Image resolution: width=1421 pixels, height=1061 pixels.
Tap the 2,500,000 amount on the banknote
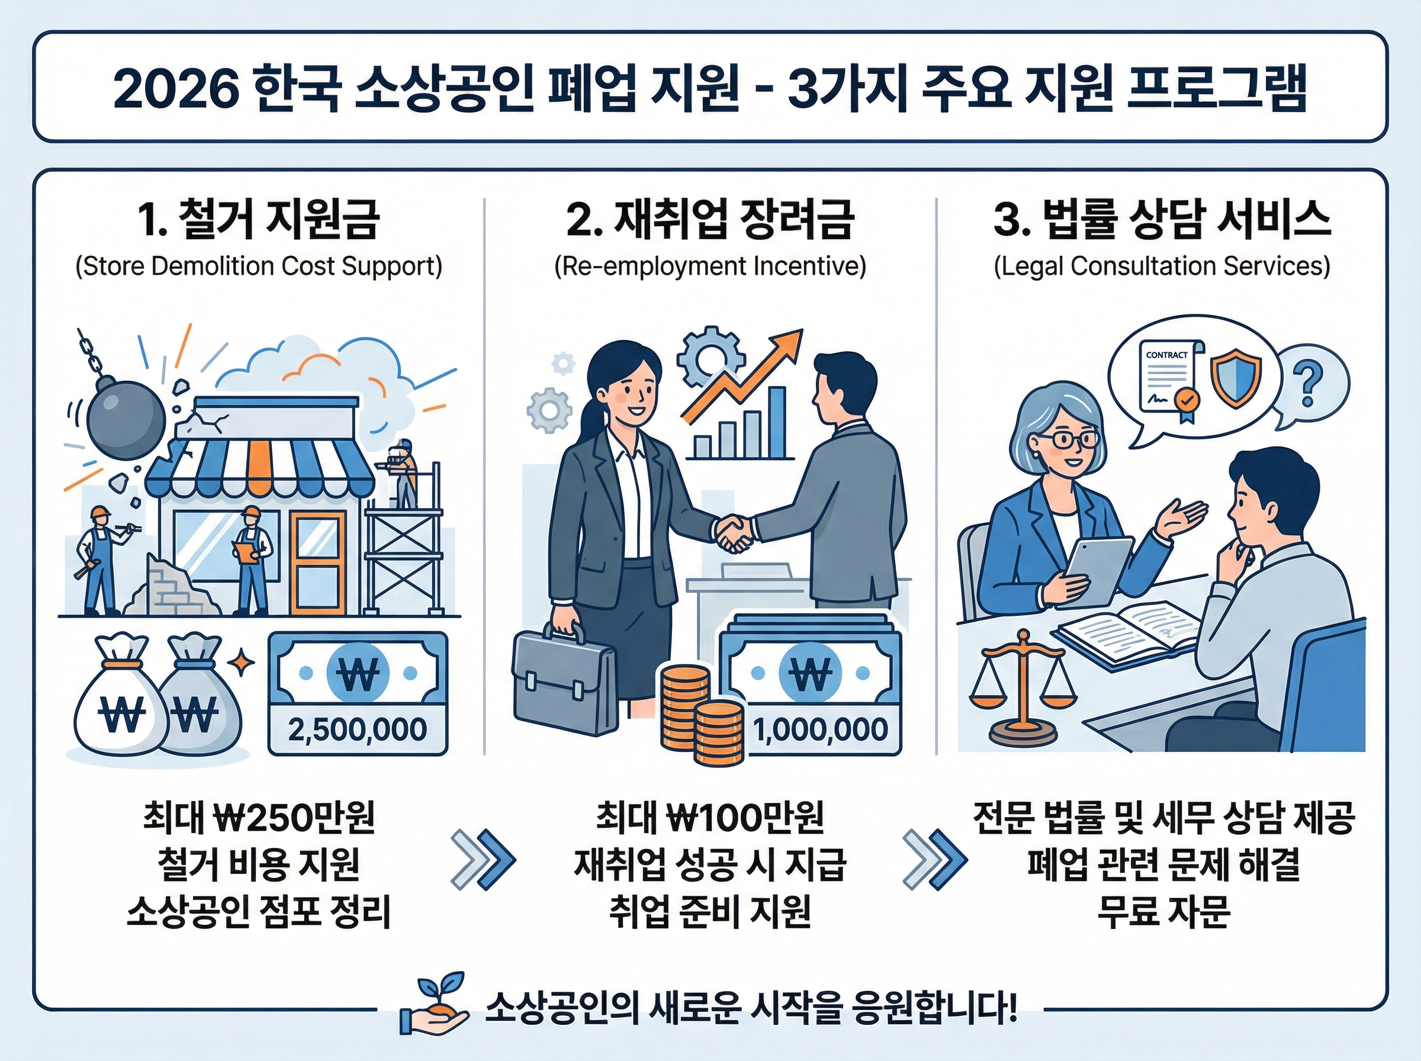tap(357, 729)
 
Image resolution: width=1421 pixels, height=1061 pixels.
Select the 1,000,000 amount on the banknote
tap(821, 729)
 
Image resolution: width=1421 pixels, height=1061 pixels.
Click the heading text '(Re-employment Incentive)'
tap(709, 266)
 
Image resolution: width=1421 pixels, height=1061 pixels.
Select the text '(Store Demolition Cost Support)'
tap(259, 266)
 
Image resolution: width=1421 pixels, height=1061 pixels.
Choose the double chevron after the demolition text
tap(483, 860)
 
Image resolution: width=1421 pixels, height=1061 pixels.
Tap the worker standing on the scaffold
tap(404, 472)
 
